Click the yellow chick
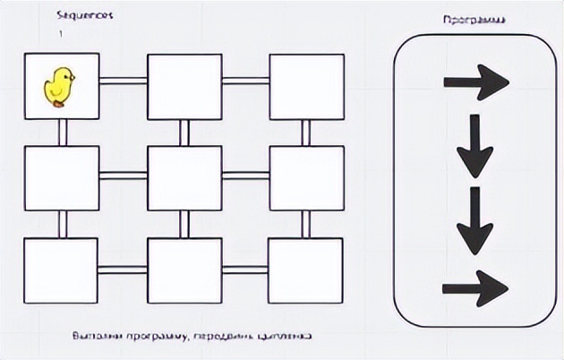click(x=60, y=86)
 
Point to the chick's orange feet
click(x=60, y=104)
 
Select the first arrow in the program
click(x=475, y=82)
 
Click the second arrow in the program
click(x=474, y=145)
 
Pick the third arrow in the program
click(x=474, y=220)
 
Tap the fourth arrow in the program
click(x=475, y=287)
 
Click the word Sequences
click(x=85, y=16)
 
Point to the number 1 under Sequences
click(x=61, y=34)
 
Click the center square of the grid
click(x=184, y=176)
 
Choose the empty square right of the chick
click(x=184, y=86)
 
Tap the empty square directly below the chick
click(x=62, y=176)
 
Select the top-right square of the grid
click(x=306, y=86)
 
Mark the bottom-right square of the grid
click(x=306, y=270)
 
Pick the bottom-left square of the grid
click(x=62, y=270)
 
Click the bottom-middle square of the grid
click(x=184, y=270)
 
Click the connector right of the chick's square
click(x=124, y=81)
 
